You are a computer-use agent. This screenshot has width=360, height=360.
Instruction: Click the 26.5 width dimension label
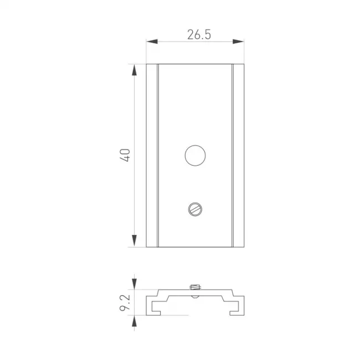point(199,35)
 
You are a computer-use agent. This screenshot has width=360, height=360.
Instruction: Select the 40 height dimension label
point(125,155)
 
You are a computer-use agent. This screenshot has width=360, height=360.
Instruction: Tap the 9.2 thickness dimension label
point(125,302)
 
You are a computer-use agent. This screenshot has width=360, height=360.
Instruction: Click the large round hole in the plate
point(195,156)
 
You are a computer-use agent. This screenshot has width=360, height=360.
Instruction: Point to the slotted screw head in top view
point(195,209)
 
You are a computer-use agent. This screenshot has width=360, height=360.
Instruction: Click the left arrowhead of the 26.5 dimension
point(152,42)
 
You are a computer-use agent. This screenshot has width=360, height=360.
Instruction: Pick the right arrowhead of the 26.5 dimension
point(238,42)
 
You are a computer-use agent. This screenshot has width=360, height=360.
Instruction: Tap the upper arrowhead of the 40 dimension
point(135,70)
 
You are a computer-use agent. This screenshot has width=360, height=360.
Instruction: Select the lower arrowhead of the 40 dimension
point(135,241)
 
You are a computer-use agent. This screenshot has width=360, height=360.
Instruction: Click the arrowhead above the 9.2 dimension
point(135,284)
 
